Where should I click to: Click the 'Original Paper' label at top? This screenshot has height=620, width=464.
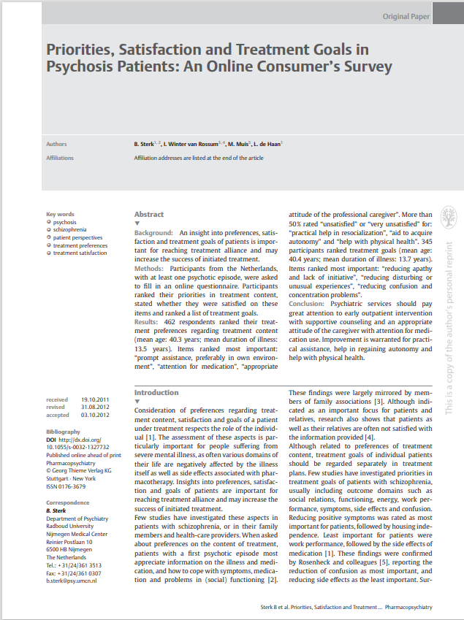pos(405,15)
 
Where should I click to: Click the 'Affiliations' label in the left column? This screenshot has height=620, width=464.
pos(61,157)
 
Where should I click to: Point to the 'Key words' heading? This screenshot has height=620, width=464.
pos(60,214)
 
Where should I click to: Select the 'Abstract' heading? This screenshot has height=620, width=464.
pos(148,214)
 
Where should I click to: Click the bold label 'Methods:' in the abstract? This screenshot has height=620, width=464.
pos(149,269)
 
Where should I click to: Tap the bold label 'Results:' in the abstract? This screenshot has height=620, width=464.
pos(146,322)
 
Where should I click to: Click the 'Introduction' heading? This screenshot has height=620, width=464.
pos(156,392)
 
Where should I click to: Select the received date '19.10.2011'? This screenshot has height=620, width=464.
pos(95,399)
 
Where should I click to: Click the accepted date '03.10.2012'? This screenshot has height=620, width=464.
pos(95,415)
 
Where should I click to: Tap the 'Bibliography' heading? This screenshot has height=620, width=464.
pos(64,432)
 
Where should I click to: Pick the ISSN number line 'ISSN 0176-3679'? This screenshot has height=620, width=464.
pos(66,486)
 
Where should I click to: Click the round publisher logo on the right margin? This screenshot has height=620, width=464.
pos(450,215)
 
